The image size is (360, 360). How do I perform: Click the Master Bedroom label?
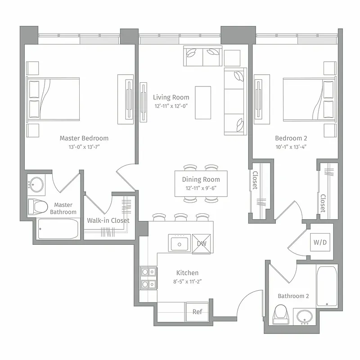click(84, 138)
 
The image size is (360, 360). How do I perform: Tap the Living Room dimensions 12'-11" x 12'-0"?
click(171, 106)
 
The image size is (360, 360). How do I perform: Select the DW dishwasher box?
click(201, 243)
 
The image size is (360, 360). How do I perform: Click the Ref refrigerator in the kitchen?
click(197, 312)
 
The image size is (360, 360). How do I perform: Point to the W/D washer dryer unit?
click(320, 242)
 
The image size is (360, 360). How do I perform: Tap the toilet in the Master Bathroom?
click(38, 207)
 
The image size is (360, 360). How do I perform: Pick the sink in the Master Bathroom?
click(36, 184)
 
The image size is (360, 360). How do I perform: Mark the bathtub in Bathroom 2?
click(326, 286)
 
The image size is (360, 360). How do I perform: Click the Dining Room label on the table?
click(201, 180)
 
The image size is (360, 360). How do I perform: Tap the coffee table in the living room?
click(202, 102)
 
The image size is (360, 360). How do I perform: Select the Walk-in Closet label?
click(108, 220)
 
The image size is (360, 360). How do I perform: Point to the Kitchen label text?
click(187, 273)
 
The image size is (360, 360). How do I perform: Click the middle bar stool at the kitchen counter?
click(180, 218)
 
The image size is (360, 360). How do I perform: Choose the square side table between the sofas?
click(232, 58)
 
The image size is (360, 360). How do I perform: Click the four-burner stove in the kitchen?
click(148, 278)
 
